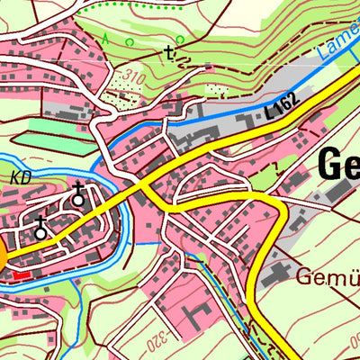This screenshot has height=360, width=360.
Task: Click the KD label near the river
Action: tap(22, 177)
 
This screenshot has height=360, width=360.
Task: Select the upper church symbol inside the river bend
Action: tap(78, 193)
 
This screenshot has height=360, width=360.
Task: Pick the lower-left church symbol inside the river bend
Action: tap(40, 228)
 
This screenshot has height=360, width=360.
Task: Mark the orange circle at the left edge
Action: tap(2, 258)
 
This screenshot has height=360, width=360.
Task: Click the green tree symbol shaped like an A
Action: tap(105, 38)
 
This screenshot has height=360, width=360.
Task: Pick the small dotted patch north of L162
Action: tap(216, 90)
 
